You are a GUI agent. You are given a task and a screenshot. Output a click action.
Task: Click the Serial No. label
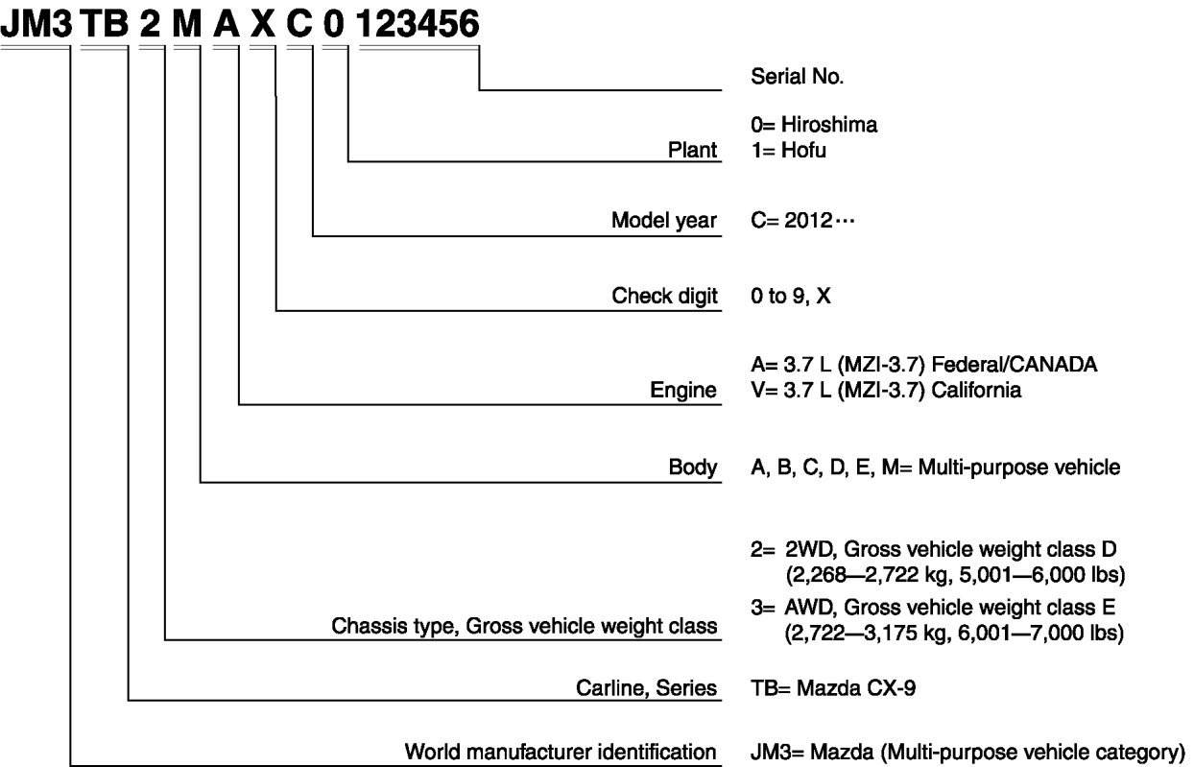[x=798, y=77]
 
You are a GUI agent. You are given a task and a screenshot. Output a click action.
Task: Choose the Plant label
[x=692, y=150]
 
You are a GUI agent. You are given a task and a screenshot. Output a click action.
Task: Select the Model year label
[x=664, y=222]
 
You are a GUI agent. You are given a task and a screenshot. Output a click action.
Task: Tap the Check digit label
[x=664, y=297]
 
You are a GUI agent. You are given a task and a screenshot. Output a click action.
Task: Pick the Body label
[x=693, y=467]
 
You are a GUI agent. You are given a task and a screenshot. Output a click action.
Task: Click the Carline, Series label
[x=647, y=687]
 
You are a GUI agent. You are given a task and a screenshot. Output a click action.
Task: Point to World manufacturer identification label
[x=561, y=751]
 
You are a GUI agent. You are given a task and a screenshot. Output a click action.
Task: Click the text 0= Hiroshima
[x=814, y=125]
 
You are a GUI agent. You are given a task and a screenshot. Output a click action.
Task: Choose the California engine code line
[x=886, y=391]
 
